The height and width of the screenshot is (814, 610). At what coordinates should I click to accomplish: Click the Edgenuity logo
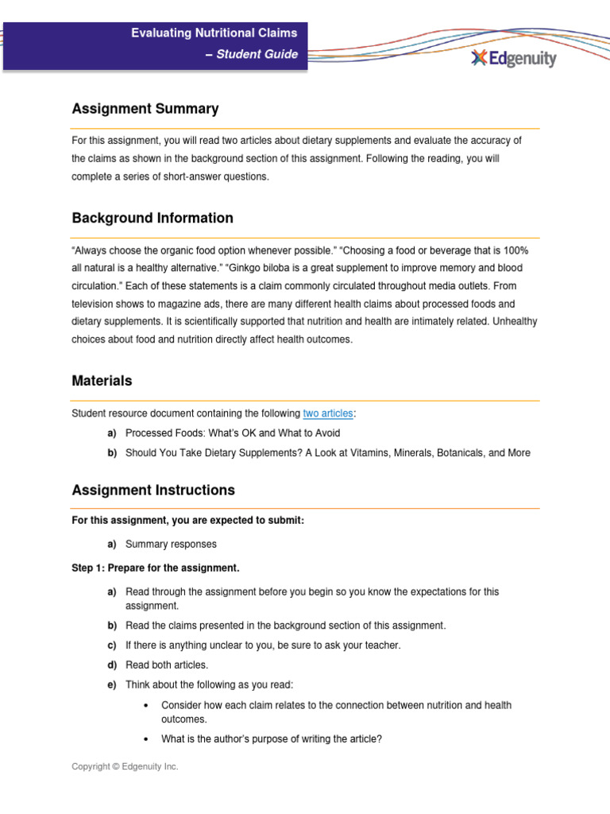pyautogui.click(x=513, y=58)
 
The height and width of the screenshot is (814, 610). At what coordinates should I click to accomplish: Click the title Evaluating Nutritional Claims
pyautogui.click(x=214, y=33)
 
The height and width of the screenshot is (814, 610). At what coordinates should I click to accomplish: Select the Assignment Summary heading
pyautogui.click(x=145, y=109)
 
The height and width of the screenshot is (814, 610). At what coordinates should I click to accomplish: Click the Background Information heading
pyautogui.click(x=152, y=218)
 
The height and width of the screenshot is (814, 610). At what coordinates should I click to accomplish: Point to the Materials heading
pyautogui.click(x=102, y=381)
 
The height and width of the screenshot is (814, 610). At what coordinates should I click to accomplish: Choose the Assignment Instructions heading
pyautogui.click(x=153, y=490)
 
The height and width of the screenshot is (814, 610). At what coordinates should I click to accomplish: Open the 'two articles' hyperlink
pyautogui.click(x=329, y=413)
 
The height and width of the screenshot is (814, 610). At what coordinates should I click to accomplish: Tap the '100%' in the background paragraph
pyautogui.click(x=513, y=250)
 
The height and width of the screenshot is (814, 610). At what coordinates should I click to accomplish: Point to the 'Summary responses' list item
pyautogui.click(x=171, y=545)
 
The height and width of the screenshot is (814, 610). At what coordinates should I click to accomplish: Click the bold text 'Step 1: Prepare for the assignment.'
pyautogui.click(x=155, y=568)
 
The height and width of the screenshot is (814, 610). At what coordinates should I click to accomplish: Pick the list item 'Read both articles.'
pyautogui.click(x=167, y=665)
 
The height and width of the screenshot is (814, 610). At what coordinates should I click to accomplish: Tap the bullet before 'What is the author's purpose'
pyautogui.click(x=149, y=739)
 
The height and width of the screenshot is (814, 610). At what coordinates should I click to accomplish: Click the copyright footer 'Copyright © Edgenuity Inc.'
pyautogui.click(x=125, y=766)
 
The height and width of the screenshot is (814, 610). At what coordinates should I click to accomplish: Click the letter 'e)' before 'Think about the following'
pyautogui.click(x=112, y=684)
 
